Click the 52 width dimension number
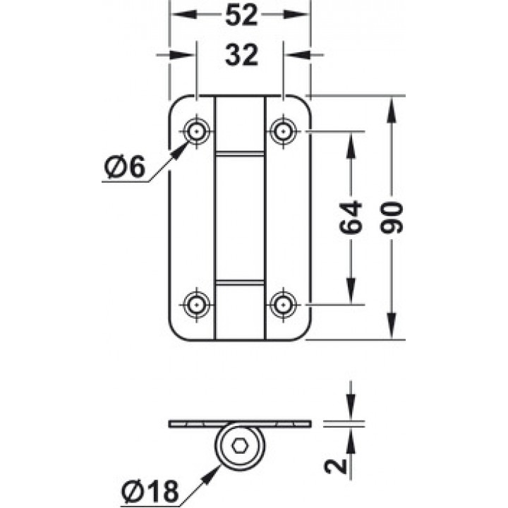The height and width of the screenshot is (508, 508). click(x=241, y=16)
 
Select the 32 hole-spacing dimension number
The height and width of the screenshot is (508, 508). click(x=242, y=55)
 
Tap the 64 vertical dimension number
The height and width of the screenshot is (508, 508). click(x=350, y=217)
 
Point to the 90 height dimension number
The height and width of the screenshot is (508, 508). click(x=392, y=218)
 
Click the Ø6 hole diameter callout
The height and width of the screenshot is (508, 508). click(x=124, y=167)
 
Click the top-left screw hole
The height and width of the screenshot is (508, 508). click(x=196, y=131)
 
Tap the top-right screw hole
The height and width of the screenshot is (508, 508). click(x=284, y=131)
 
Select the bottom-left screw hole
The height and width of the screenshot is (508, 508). click(x=196, y=305)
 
